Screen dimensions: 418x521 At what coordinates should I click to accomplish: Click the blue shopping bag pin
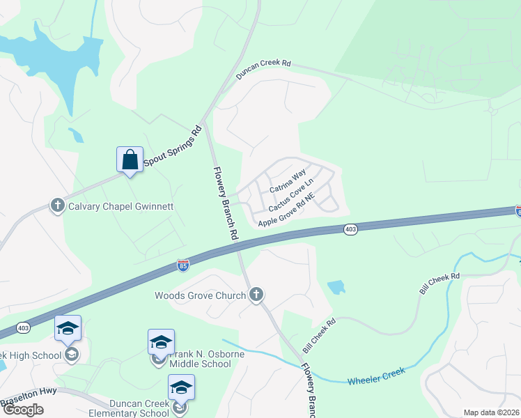click(130, 160)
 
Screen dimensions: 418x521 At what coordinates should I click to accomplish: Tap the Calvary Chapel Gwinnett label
click(119, 206)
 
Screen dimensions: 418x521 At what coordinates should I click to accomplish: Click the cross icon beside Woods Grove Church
click(256, 295)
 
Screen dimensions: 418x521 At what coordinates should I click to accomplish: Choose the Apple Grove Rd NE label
click(287, 210)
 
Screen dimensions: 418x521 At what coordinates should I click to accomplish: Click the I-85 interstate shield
click(182, 265)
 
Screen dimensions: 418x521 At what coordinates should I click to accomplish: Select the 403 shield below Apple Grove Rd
click(350, 229)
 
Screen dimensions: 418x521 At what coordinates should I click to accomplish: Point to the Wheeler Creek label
click(376, 376)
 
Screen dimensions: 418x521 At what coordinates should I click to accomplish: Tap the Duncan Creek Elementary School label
click(139, 408)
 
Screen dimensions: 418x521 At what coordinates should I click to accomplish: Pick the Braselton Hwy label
click(29, 400)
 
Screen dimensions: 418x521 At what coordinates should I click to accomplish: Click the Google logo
click(23, 410)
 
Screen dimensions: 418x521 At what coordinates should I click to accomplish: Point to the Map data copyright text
click(491, 412)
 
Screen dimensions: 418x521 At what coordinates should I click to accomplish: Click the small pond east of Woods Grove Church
click(335, 287)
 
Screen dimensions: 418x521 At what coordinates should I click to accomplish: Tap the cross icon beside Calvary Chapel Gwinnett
click(58, 206)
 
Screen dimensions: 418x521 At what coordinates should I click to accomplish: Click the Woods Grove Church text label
click(200, 295)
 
